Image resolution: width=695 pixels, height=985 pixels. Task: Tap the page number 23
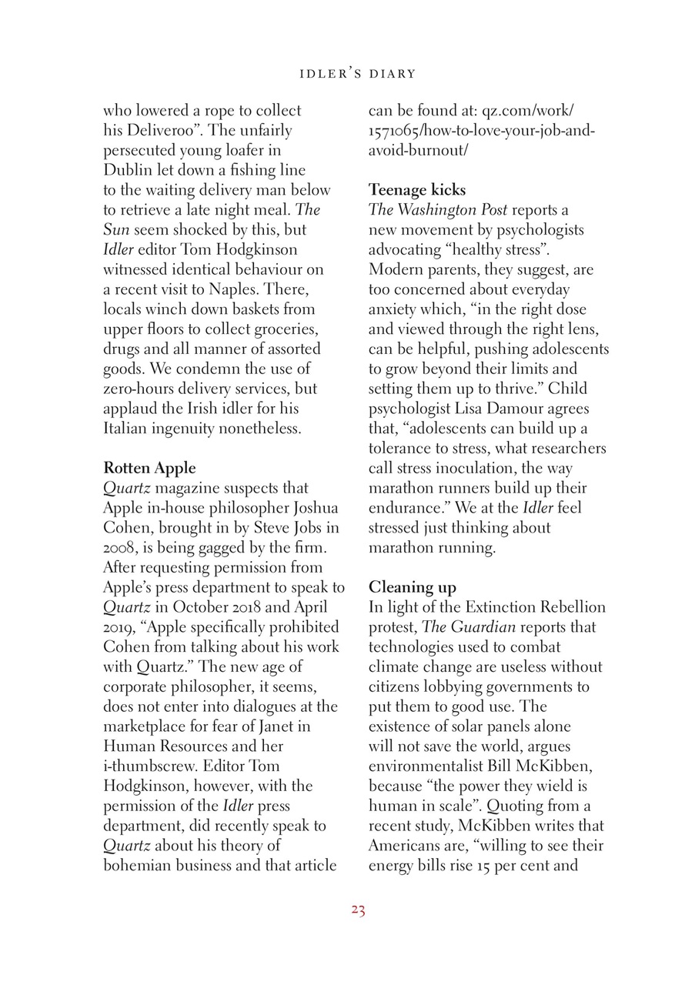[x=357, y=910]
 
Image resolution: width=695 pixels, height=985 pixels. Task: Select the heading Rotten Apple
[x=149, y=468]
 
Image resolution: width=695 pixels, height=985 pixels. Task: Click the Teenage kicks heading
[x=416, y=189]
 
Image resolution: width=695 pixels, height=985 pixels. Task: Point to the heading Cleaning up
[x=412, y=588]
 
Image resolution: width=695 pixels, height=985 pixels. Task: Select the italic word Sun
[x=116, y=229]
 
